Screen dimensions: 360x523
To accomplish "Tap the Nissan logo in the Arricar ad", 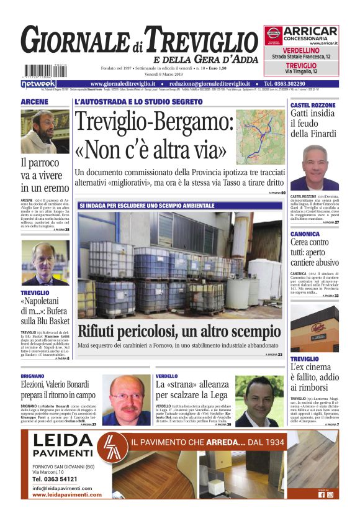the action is tap(274, 35).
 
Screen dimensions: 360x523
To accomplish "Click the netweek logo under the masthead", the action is tap(38, 83).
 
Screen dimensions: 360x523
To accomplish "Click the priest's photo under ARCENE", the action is tap(45, 132).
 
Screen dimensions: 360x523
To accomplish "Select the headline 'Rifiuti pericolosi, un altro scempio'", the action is tap(179, 331).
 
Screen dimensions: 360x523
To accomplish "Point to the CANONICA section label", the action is tap(305, 234).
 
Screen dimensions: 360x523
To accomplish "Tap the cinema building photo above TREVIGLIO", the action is tap(315, 329).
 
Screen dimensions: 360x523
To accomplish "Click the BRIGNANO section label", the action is tap(33, 376).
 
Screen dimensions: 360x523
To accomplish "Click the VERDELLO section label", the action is tap(166, 376).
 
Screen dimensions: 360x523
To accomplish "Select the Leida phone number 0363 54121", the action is tap(55, 480).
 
